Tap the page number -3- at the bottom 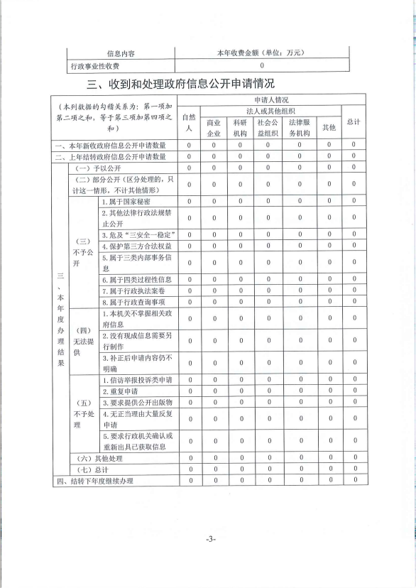tap(210, 540)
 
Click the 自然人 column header tap(188, 122)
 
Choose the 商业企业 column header tap(214, 127)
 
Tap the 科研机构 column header tap(240, 127)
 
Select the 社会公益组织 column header tap(268, 127)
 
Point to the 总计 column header tap(353, 122)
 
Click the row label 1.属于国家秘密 tap(126, 201)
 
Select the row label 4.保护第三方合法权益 tap(137, 246)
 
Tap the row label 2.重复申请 tap(120, 391)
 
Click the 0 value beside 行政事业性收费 tap(261, 65)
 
